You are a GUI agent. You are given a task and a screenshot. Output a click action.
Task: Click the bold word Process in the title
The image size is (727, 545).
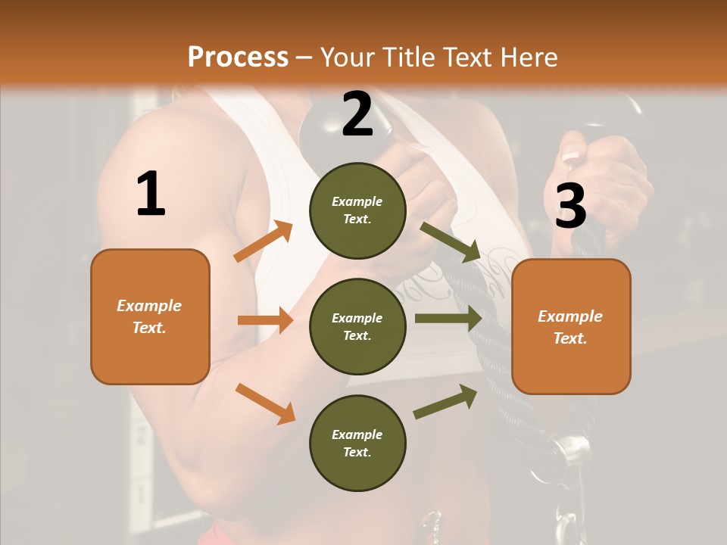click(238, 57)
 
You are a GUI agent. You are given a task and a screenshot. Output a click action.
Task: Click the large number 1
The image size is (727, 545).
click(151, 195)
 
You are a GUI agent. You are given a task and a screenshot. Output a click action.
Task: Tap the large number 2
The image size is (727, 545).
click(357, 114)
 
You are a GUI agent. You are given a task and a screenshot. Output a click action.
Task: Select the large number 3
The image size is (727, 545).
click(570, 206)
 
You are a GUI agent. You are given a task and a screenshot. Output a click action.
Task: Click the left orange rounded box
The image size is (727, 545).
click(150, 316)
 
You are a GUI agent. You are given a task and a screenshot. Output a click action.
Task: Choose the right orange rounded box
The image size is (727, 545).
click(571, 327)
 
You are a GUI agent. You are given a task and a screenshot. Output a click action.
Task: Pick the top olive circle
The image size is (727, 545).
click(357, 210)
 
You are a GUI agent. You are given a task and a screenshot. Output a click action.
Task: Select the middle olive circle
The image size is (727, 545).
click(357, 326)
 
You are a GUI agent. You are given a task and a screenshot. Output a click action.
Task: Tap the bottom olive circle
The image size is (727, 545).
click(357, 443)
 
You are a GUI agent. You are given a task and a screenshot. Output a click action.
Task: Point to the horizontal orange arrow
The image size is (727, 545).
click(264, 320)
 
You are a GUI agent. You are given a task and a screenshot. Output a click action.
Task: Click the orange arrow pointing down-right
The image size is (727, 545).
click(265, 403)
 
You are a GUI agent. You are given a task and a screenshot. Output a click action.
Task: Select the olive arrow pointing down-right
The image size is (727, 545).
click(451, 242)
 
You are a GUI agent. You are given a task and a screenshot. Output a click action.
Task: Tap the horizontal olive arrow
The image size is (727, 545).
click(448, 318)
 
